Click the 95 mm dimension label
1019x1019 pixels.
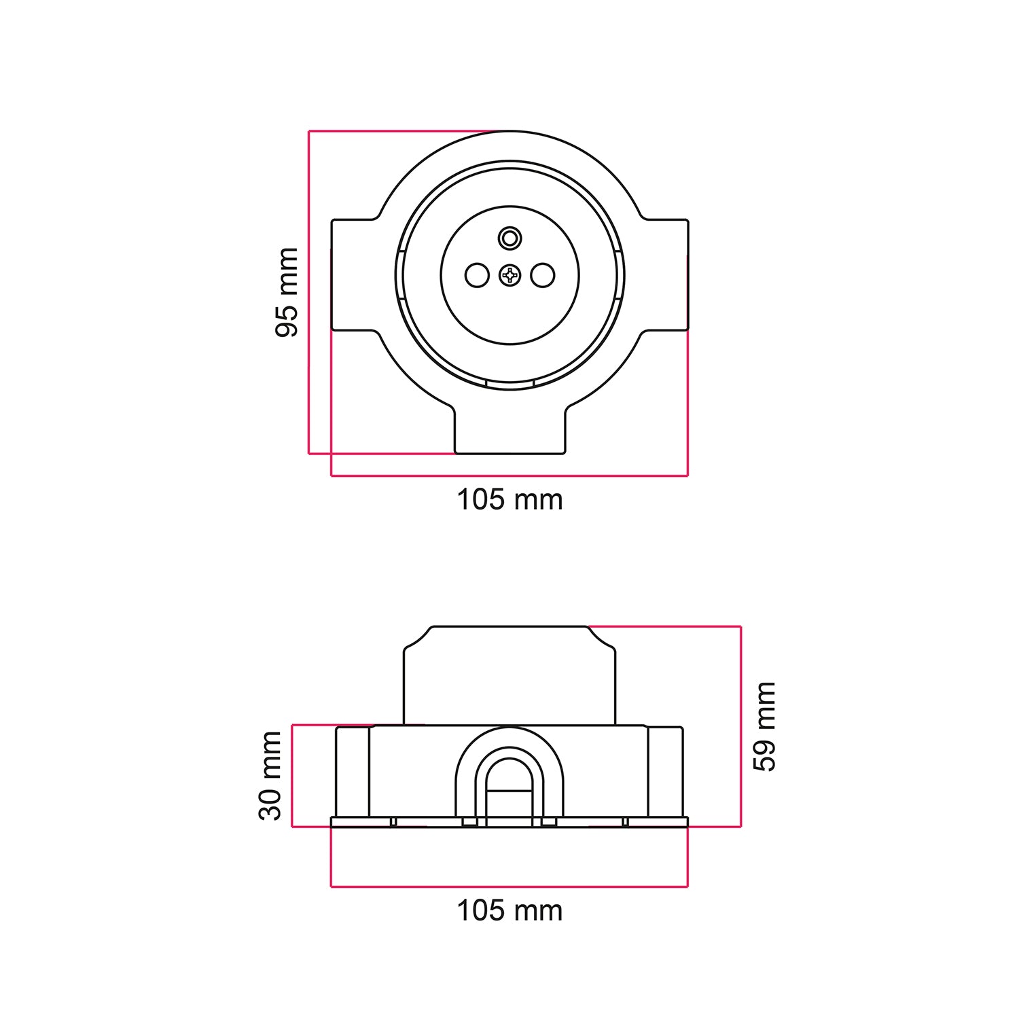point(286,292)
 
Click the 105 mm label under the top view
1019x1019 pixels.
point(509,500)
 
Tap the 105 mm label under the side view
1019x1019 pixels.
point(509,910)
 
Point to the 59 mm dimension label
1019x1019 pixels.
point(764,726)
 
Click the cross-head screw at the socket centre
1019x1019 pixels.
point(509,275)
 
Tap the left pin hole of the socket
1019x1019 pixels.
point(477,275)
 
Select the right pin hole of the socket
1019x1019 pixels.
point(543,275)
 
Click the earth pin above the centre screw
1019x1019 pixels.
point(509,238)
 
